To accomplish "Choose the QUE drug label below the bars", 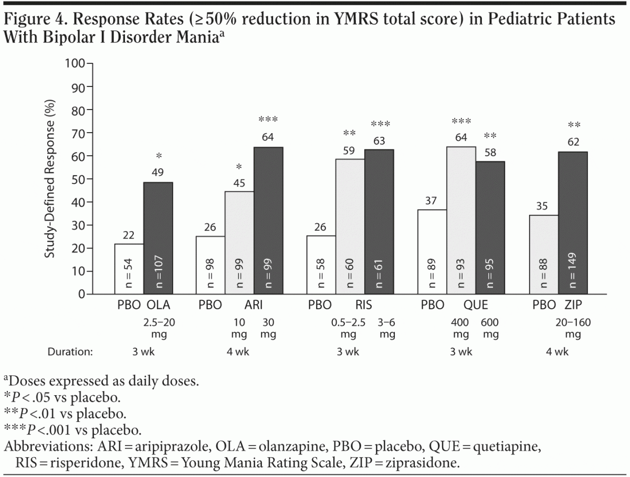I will [475, 306].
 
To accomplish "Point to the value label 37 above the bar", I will [432, 201].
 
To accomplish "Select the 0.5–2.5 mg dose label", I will [349, 328].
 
